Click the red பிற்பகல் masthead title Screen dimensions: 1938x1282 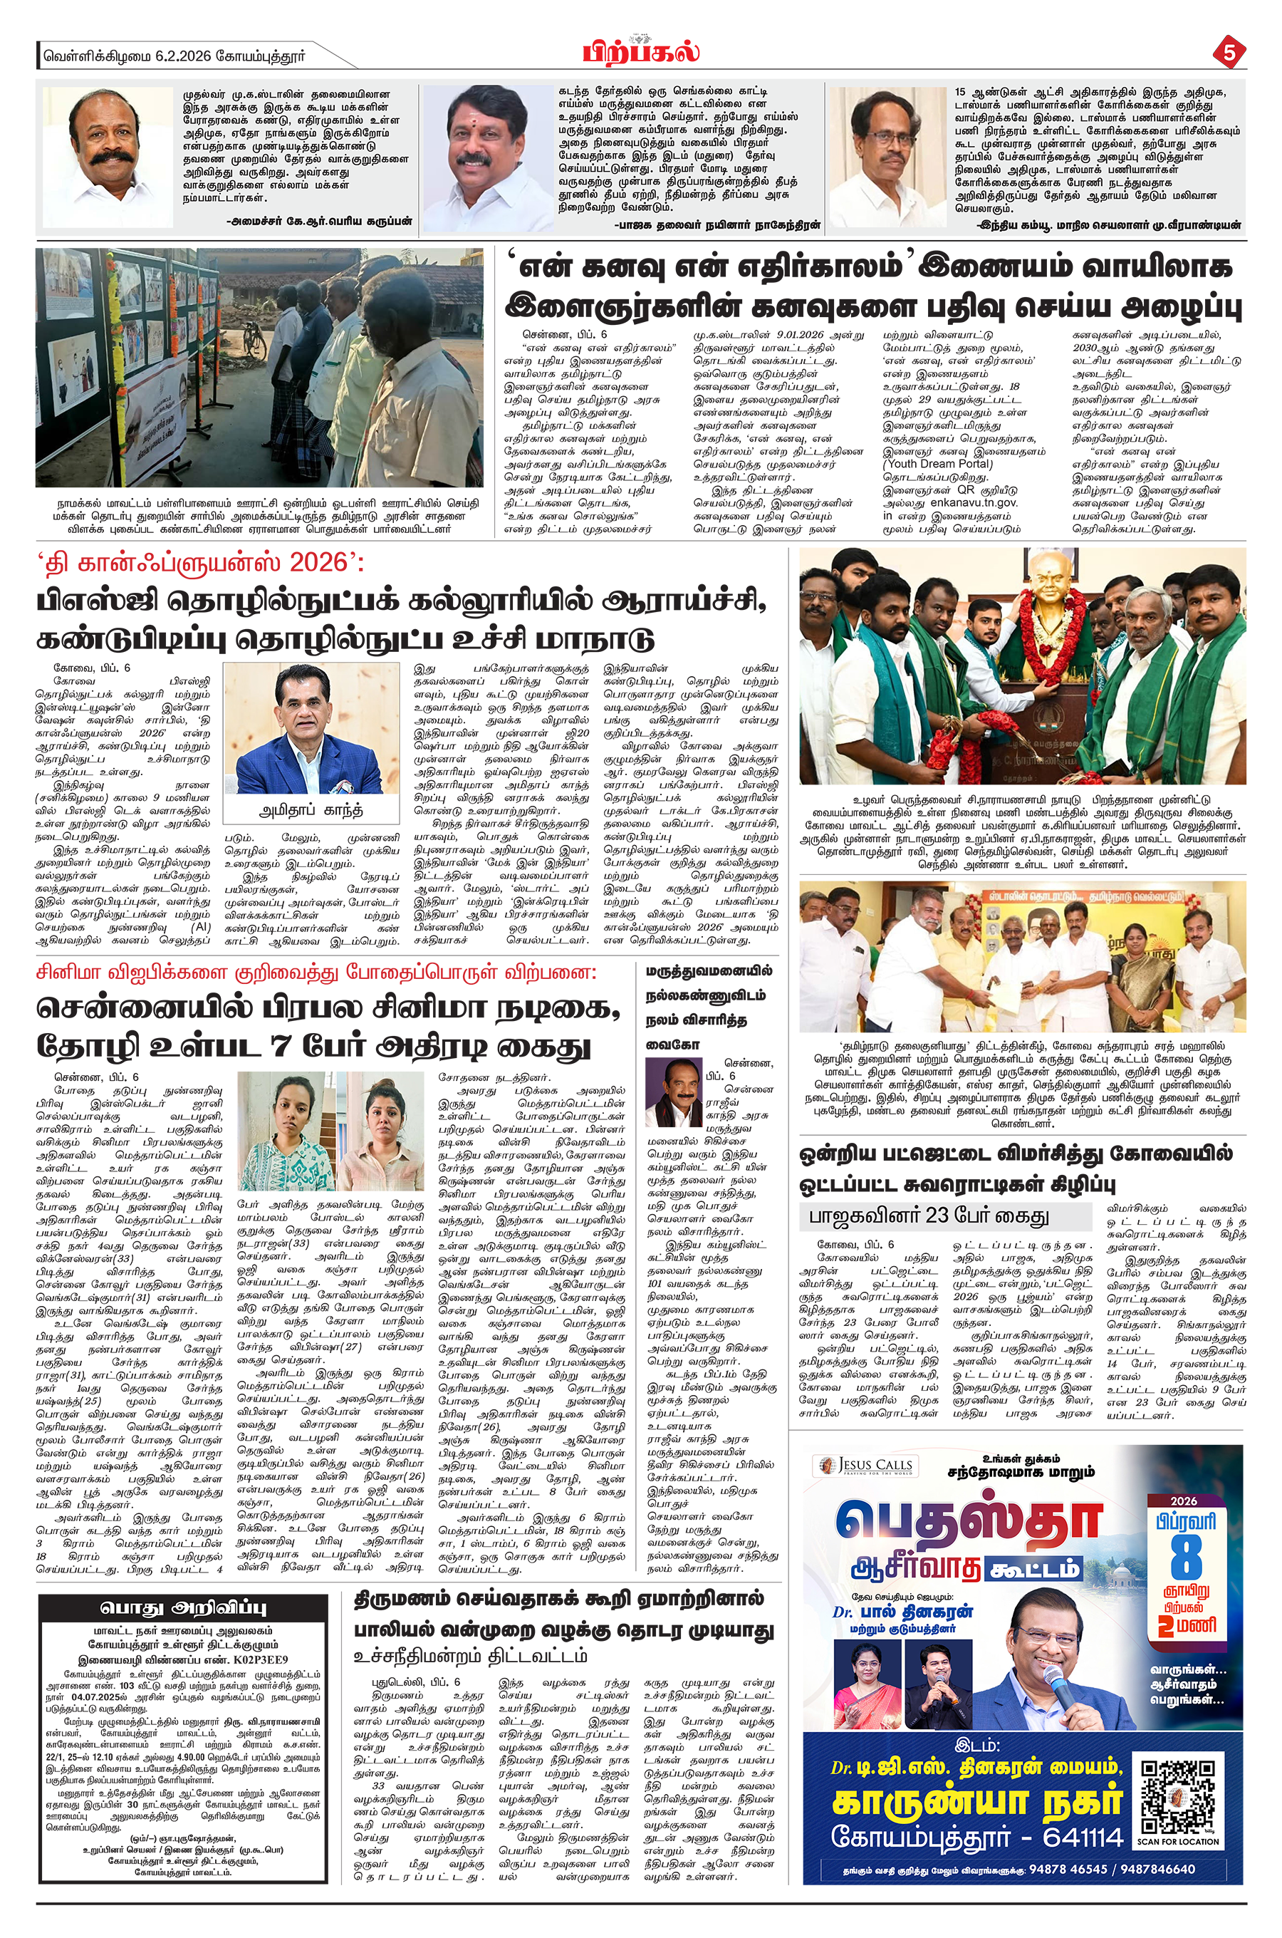(641, 52)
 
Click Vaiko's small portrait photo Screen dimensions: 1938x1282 (674, 1092)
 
